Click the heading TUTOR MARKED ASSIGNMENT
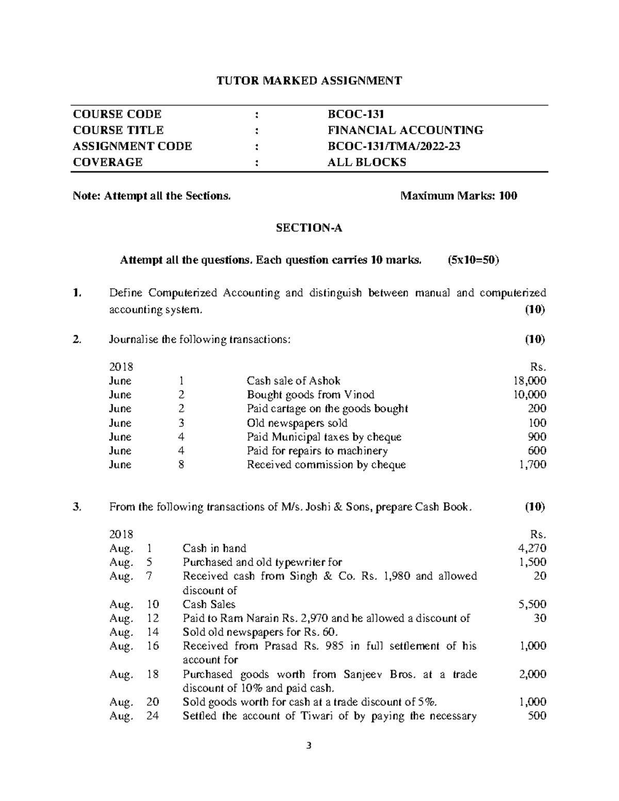pos(309,80)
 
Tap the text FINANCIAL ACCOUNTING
pos(405,130)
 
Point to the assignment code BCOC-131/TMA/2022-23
pos(394,146)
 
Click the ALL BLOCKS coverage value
pos(367,162)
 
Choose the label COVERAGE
pos(107,162)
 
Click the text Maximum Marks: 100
pos(459,195)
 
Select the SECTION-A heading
pos(309,228)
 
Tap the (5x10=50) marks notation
pos(474,260)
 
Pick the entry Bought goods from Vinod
pos(311,395)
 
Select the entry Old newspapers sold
pos(297,423)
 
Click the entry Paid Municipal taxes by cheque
pos(324,437)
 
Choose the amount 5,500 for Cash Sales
pos(532,604)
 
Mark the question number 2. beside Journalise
pos(77,339)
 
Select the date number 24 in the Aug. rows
pos(153,716)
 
